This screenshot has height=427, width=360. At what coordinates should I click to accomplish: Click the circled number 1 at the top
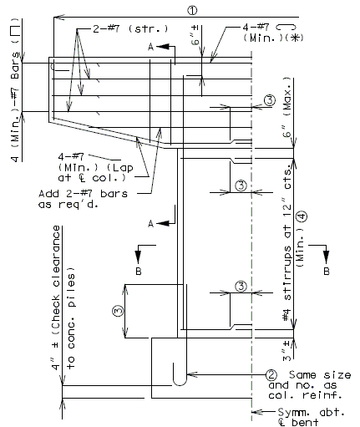coord(192,10)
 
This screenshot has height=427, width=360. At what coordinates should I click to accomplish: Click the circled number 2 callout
coord(271,375)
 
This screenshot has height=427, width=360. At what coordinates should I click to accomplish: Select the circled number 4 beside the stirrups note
coord(302,216)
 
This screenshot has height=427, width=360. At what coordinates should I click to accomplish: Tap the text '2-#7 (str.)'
coord(130,28)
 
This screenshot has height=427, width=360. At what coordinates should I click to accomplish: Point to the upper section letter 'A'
coord(150,48)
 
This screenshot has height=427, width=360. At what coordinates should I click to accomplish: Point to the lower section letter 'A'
coord(150,224)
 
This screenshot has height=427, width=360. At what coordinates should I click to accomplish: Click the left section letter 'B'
coord(139,271)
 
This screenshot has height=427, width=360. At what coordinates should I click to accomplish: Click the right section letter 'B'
coord(327,271)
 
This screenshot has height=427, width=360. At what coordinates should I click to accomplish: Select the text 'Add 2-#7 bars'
coord(83,194)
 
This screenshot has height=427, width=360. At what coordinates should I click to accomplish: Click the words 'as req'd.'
coord(68,205)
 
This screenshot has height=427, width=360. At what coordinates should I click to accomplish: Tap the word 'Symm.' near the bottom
coord(293,412)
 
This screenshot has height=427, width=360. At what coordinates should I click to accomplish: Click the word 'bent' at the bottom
coord(305,422)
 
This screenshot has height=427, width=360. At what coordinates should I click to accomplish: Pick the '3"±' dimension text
coord(286,350)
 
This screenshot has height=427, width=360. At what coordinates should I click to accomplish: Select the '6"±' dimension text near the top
coord(195,35)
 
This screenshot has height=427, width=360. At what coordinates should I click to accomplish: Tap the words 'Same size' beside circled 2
coord(320,375)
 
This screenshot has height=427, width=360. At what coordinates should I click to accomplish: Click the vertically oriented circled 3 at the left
coord(118,311)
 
